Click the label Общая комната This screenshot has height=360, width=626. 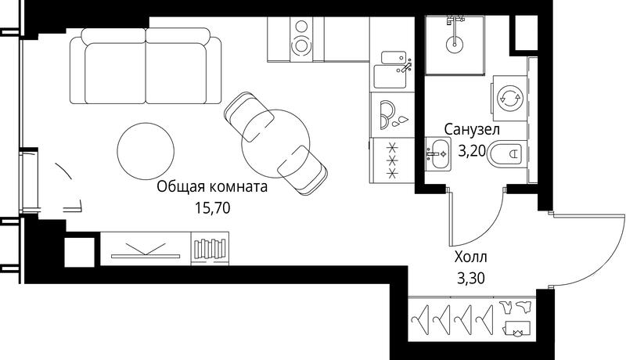[x=212, y=187]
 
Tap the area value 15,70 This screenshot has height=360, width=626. [x=213, y=207]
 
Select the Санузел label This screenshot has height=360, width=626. [x=472, y=130]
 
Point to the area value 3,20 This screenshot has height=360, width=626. [x=472, y=151]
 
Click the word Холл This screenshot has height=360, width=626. [x=471, y=257]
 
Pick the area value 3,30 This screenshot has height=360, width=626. [x=471, y=278]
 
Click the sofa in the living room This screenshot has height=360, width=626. [x=146, y=66]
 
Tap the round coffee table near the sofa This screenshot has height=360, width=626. [x=146, y=151]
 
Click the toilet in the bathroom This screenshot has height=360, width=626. [x=505, y=153]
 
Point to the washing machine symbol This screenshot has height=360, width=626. [x=510, y=98]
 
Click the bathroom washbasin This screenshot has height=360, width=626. [x=438, y=153]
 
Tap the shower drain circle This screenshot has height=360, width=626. [x=454, y=43]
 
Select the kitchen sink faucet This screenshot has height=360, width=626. [x=406, y=66]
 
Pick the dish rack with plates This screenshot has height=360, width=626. [x=392, y=115]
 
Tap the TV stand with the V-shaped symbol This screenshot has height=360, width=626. [x=146, y=248]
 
